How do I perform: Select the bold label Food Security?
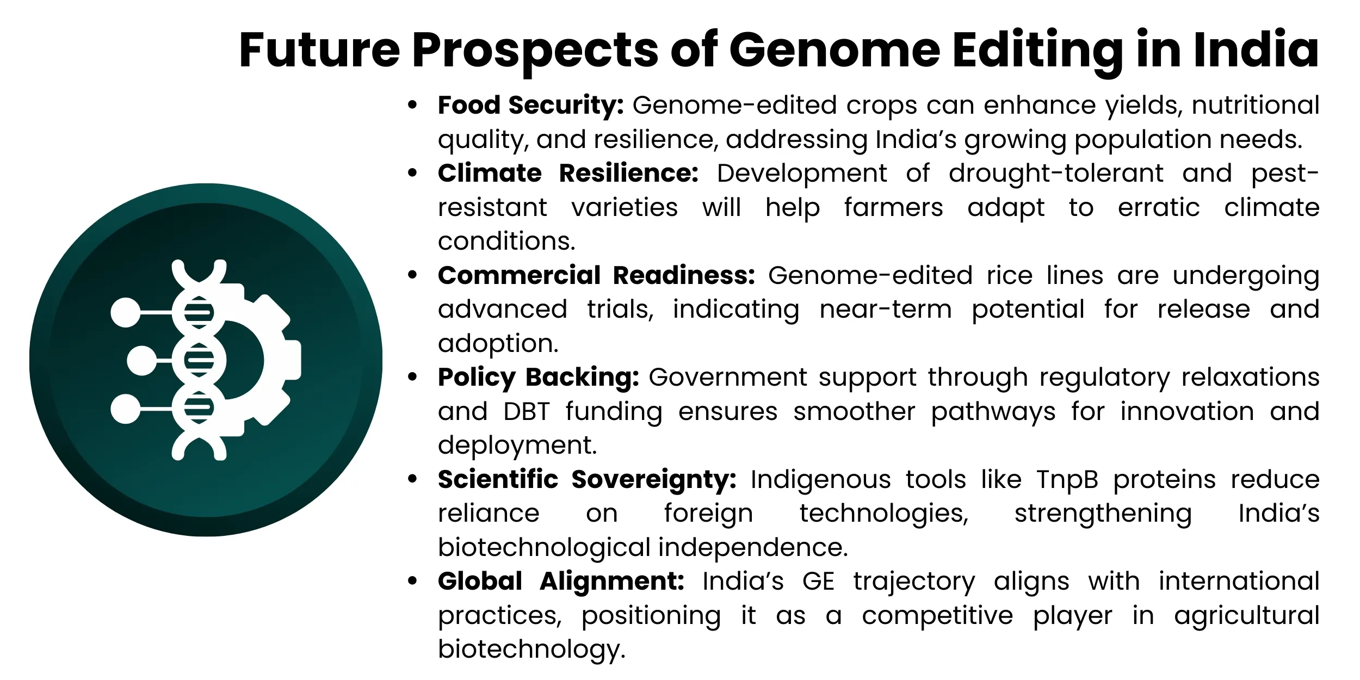pos(531,106)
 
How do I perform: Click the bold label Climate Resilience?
pos(568,173)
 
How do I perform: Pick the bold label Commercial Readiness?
pos(597,275)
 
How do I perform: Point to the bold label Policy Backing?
pos(539,378)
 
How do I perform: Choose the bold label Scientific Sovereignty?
pos(587,480)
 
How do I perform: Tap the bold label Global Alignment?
pos(561,581)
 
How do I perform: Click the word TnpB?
pos(1067,480)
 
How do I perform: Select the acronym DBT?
pos(527,412)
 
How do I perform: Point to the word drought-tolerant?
pos(1056,174)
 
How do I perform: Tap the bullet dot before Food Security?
pos(413,105)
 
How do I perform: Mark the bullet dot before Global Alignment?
pos(413,581)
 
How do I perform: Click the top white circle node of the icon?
pos(126,313)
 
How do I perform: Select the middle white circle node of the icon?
pos(142,361)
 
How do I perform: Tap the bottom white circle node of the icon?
pos(126,409)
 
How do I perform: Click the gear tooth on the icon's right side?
pos(292,360)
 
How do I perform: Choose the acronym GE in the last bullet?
pos(818,582)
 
